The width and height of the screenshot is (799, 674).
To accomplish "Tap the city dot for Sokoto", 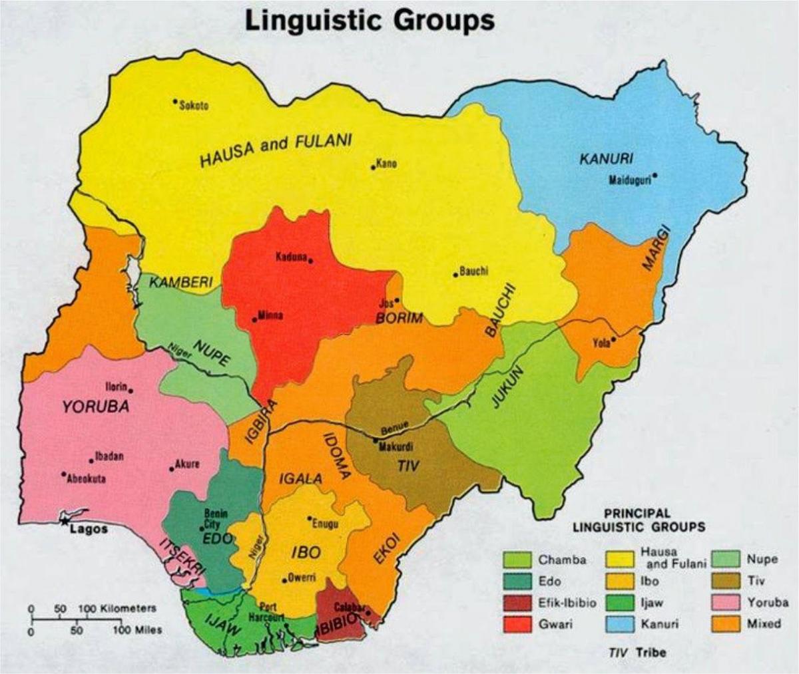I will [x=175, y=102].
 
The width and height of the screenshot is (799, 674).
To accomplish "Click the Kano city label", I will [x=387, y=164].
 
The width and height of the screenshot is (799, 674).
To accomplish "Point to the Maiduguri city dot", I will [x=655, y=176].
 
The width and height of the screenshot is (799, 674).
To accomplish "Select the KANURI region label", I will [x=606, y=158].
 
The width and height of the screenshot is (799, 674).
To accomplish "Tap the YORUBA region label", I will [x=96, y=407].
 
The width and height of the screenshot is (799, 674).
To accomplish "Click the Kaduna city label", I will [x=291, y=257].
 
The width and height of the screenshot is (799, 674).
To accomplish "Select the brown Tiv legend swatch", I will [x=725, y=581].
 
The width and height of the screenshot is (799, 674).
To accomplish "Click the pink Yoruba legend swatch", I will [x=725, y=603].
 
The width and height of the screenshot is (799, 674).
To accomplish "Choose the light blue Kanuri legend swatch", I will [x=621, y=624].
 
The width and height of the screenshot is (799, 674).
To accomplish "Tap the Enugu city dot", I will [x=310, y=518].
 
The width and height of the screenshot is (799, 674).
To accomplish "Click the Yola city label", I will [x=601, y=343].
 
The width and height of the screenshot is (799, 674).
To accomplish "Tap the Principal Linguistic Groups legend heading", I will [x=638, y=520].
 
